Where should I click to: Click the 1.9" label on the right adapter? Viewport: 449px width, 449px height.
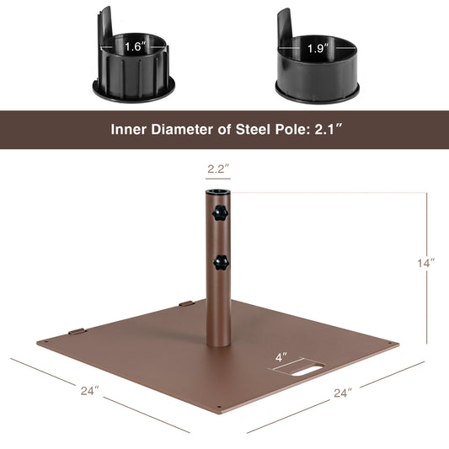(x=317, y=48)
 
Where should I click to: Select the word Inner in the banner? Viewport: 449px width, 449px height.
(x=131, y=131)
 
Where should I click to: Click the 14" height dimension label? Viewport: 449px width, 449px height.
(x=426, y=263)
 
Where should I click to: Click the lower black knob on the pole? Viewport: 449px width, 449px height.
(x=221, y=262)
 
